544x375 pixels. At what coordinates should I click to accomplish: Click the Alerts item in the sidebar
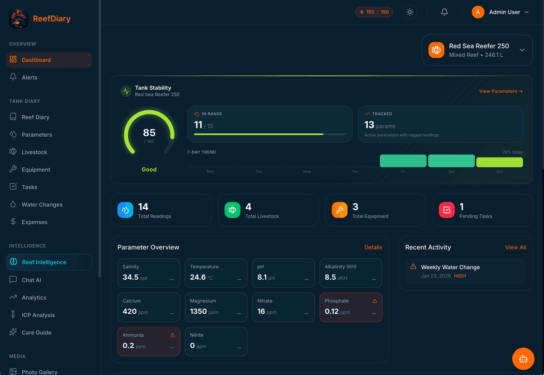pos(29,78)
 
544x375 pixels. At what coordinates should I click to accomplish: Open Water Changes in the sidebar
pos(42,205)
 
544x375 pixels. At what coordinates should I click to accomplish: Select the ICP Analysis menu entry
pos(38,315)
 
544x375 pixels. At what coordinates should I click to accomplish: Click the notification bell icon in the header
pos(444,12)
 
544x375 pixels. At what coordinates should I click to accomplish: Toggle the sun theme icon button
pos(410,12)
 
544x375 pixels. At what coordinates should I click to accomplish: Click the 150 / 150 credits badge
pos(374,12)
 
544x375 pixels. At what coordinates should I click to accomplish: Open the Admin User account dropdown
pos(500,12)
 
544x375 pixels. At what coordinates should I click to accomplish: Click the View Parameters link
pos(500,91)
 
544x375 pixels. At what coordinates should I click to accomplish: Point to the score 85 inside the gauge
pos(149,133)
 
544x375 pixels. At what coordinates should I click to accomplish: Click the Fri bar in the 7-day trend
pos(403,161)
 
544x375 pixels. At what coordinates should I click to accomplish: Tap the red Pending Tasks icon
pos(447,210)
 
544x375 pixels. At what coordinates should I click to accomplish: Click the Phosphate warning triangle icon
pos(374,301)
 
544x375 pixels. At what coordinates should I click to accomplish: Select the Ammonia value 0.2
pos(128,345)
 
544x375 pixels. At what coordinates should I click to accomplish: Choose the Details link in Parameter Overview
pos(373,247)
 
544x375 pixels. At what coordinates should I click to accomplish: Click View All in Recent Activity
pos(515,247)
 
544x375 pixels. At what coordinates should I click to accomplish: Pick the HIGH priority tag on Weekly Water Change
pos(460,276)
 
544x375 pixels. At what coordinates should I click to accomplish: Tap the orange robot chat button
pos(523,359)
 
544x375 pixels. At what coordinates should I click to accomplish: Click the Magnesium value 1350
pos(198,311)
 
